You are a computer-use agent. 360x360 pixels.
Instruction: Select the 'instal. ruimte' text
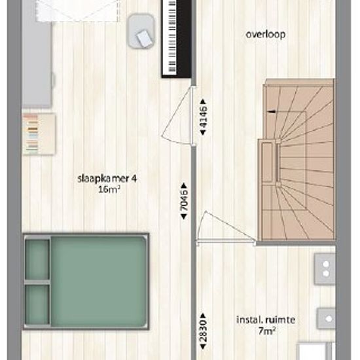(x=266, y=320)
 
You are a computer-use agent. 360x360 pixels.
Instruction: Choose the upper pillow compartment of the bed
(x=37, y=259)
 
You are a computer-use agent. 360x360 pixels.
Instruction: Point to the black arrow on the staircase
(x=270, y=112)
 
